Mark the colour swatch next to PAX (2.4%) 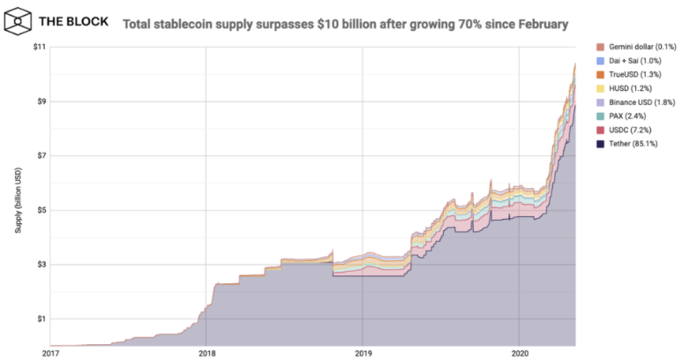[x=600, y=116]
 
